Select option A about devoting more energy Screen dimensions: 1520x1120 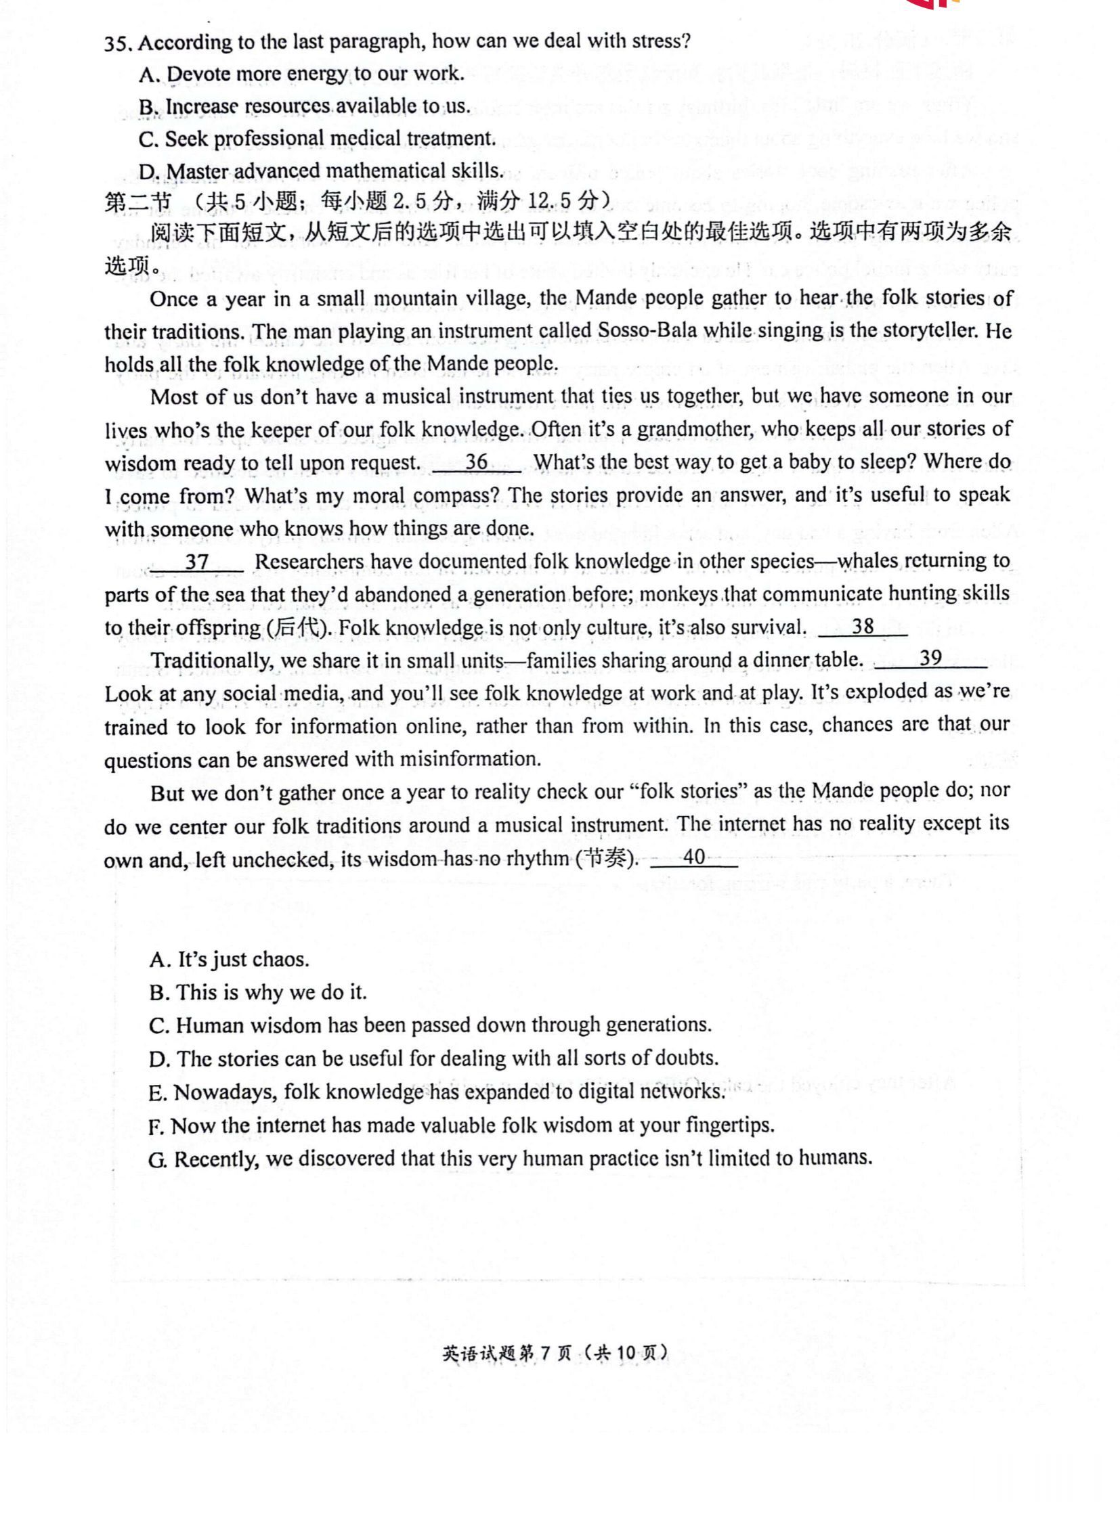[x=302, y=74]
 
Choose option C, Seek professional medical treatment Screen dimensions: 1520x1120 [x=318, y=139]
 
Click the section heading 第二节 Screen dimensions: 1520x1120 [x=138, y=202]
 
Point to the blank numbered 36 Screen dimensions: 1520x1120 [x=477, y=463]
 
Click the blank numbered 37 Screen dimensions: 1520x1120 [x=196, y=562]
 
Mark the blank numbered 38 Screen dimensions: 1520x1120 [x=863, y=627]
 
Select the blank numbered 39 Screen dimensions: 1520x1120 [x=930, y=659]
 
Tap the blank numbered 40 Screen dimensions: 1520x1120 [x=693, y=858]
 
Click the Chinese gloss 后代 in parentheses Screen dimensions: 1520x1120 [x=297, y=628]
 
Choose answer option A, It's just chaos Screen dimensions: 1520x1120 [x=230, y=960]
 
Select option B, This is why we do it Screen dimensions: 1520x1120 [x=258, y=993]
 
